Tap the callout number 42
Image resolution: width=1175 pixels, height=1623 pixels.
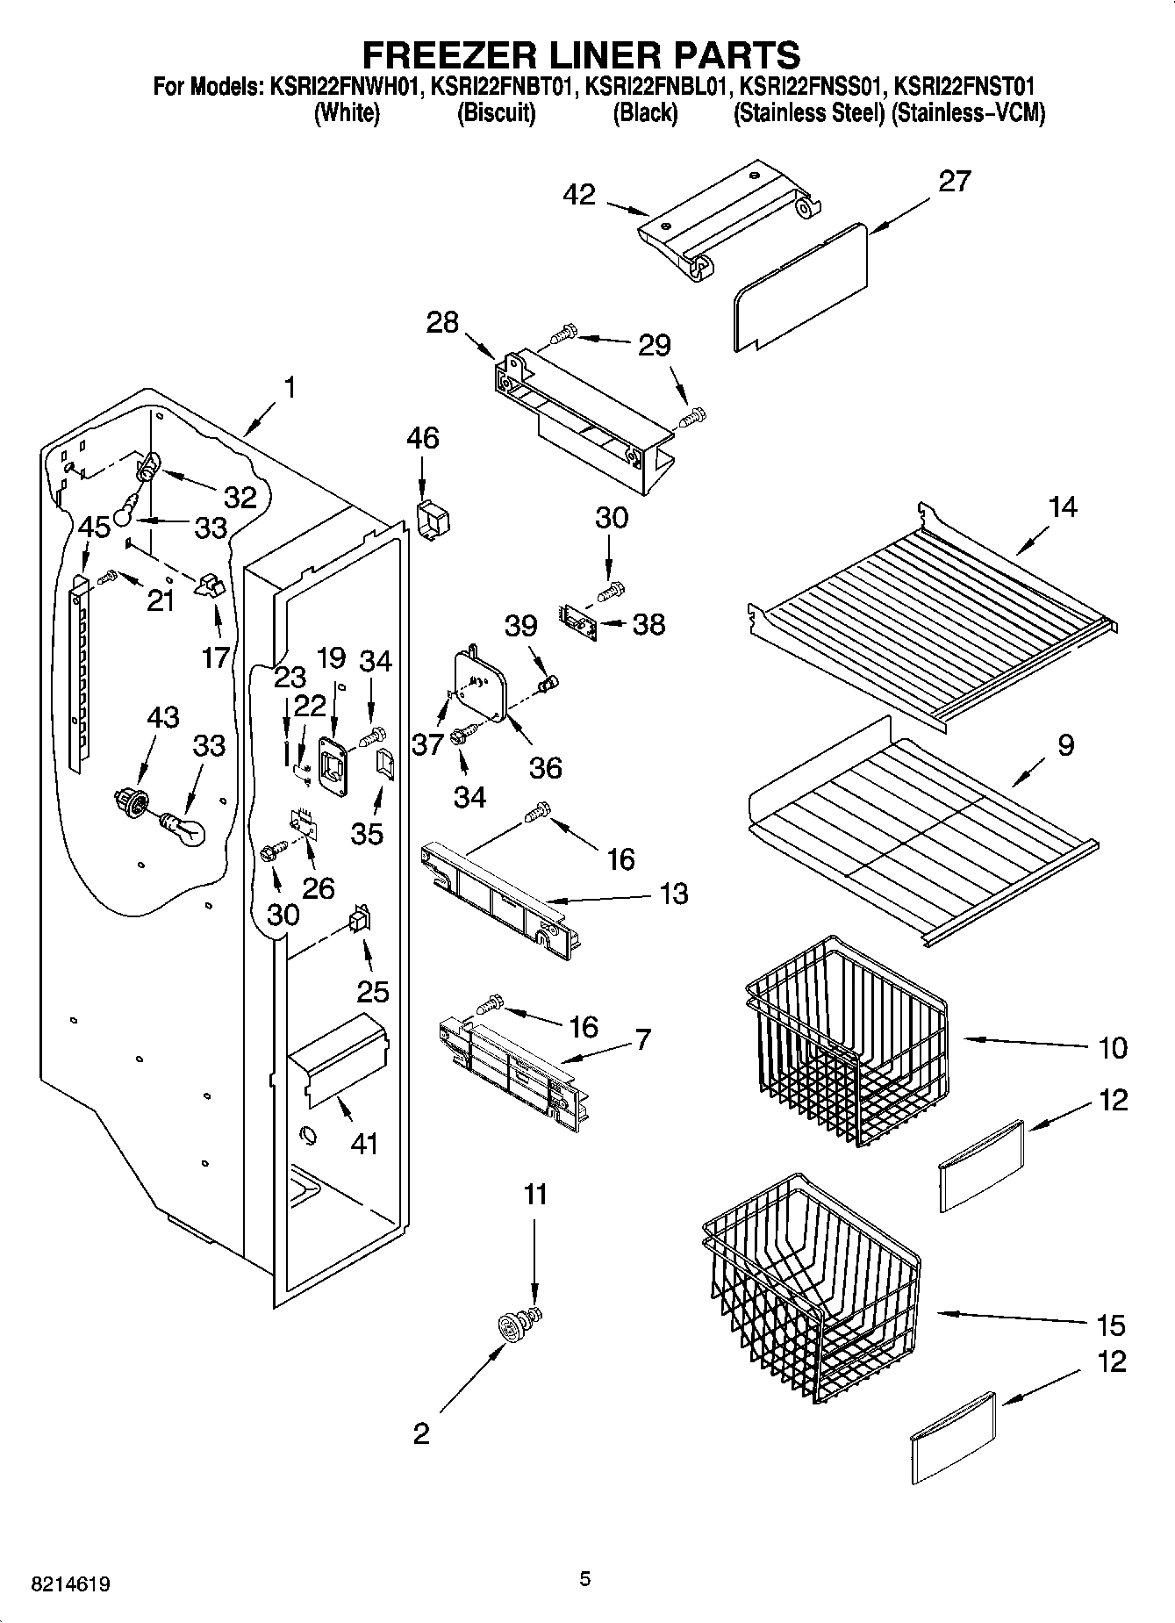[x=581, y=194]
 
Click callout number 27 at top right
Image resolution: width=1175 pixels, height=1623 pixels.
[x=955, y=181]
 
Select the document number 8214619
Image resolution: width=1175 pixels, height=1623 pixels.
[x=71, y=1585]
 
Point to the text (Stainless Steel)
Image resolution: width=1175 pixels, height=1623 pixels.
[x=808, y=114]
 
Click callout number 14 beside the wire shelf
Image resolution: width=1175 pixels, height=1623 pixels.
[x=1062, y=507]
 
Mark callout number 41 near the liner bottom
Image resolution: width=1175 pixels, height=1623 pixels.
[x=363, y=1144]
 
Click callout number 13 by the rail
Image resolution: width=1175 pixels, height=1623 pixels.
[x=674, y=894]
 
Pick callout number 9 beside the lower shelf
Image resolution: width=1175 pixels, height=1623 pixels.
[x=1065, y=745]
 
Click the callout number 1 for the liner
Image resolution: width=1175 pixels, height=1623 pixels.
[x=290, y=387]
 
